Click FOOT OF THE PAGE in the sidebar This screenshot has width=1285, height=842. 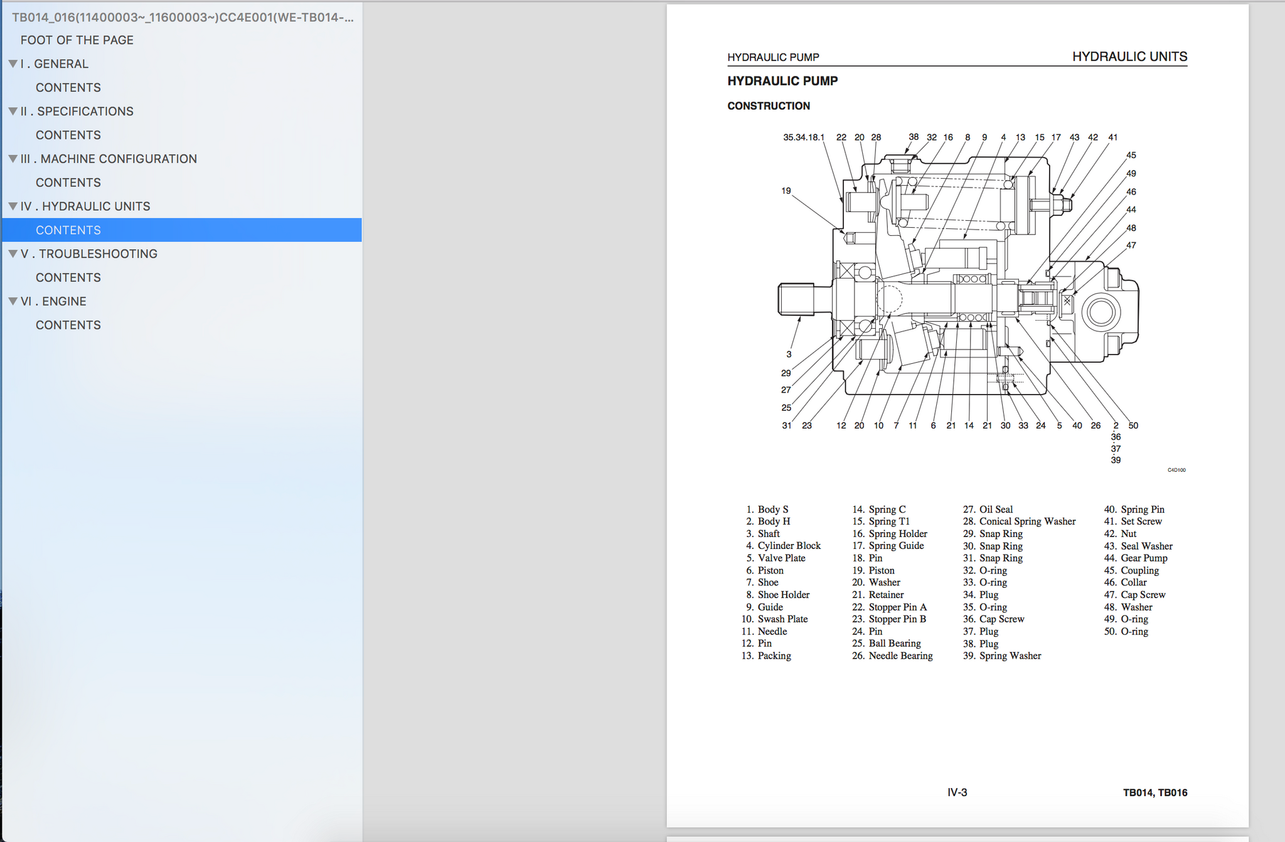(x=77, y=40)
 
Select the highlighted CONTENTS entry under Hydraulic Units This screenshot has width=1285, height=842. (x=68, y=230)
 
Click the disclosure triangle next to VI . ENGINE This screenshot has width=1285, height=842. (x=13, y=301)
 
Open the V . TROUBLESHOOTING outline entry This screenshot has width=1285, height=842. (x=88, y=254)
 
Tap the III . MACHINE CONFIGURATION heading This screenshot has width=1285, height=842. (x=109, y=159)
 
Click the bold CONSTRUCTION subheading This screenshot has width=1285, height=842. (x=769, y=106)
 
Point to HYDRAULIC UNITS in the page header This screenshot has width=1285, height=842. (x=1129, y=56)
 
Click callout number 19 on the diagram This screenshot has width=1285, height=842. (x=786, y=191)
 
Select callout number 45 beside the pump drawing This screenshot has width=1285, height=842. (x=1131, y=155)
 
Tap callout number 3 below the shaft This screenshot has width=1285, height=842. (x=789, y=354)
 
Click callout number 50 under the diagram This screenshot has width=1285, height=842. (x=1133, y=425)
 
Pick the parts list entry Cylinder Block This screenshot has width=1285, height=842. (x=789, y=546)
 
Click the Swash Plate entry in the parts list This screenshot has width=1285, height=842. (x=782, y=619)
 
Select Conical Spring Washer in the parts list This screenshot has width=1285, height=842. (x=1027, y=521)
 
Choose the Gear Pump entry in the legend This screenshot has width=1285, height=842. (x=1144, y=558)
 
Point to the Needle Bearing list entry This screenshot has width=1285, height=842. (x=900, y=656)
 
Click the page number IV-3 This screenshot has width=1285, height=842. (x=957, y=792)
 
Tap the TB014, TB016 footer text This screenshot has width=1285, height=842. (x=1155, y=792)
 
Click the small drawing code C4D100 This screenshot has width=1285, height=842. (x=1176, y=470)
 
